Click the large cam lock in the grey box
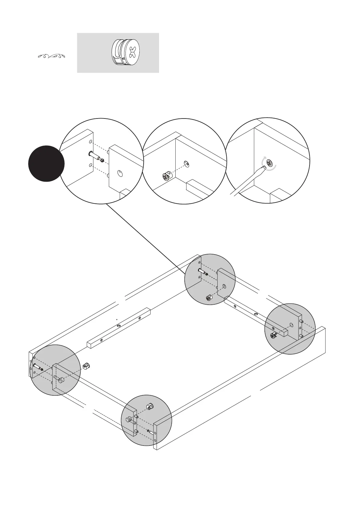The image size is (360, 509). tap(125, 52)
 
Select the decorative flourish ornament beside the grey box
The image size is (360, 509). tap(52, 56)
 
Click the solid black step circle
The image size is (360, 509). tap(46, 164)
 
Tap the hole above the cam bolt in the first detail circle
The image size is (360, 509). tap(90, 142)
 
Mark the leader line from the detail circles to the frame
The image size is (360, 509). tap(145, 238)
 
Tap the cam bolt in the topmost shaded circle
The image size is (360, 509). tap(203, 272)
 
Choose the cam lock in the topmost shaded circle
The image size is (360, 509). tap(209, 298)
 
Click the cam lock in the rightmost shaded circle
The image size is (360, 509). tap(274, 335)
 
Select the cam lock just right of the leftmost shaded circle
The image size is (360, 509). tap(86, 366)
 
